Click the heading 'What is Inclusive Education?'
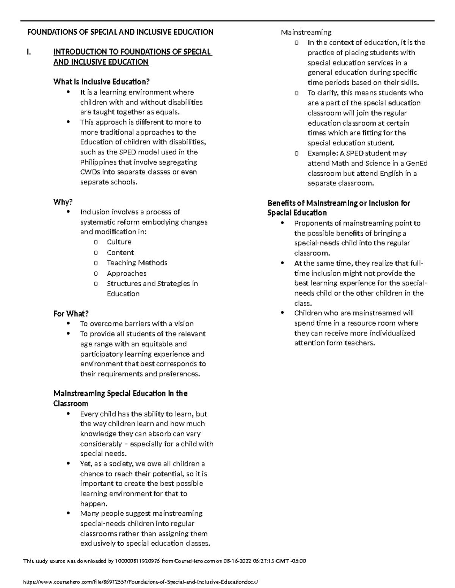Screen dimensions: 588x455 pyautogui.click(x=102, y=82)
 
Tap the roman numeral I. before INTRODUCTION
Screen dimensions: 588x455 pyautogui.click(x=29, y=52)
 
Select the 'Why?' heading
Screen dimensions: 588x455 pyautogui.click(x=63, y=202)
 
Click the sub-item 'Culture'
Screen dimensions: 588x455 pyautogui.click(x=119, y=242)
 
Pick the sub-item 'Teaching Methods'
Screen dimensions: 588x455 pyautogui.click(x=137, y=263)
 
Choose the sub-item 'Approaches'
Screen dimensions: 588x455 pyautogui.click(x=126, y=273)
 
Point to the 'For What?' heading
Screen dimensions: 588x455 pyautogui.click(x=71, y=313)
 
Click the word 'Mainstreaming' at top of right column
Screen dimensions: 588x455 pyautogui.click(x=306, y=32)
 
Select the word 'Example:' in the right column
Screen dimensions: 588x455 pyautogui.click(x=322, y=153)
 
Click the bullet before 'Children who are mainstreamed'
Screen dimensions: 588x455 pyautogui.click(x=282, y=313)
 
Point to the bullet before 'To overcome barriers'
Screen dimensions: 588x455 pyautogui.click(x=68, y=323)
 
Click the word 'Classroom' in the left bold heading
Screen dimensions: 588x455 pyautogui.click(x=71, y=404)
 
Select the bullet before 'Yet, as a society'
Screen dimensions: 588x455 pyautogui.click(x=68, y=463)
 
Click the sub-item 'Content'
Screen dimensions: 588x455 pyautogui.click(x=120, y=253)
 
